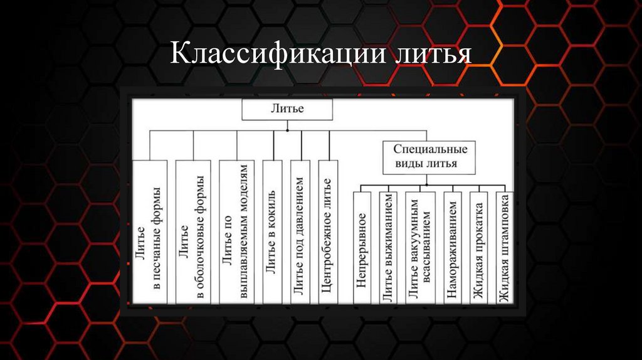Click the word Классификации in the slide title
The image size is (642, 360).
276,55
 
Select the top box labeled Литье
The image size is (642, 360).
287,109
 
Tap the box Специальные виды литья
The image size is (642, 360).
429,157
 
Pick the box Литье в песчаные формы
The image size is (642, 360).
150,232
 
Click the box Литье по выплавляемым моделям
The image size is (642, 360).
236,232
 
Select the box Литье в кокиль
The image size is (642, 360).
273,232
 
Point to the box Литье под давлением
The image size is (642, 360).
301,232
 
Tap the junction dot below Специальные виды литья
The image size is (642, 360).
427,184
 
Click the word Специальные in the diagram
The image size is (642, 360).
429,151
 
